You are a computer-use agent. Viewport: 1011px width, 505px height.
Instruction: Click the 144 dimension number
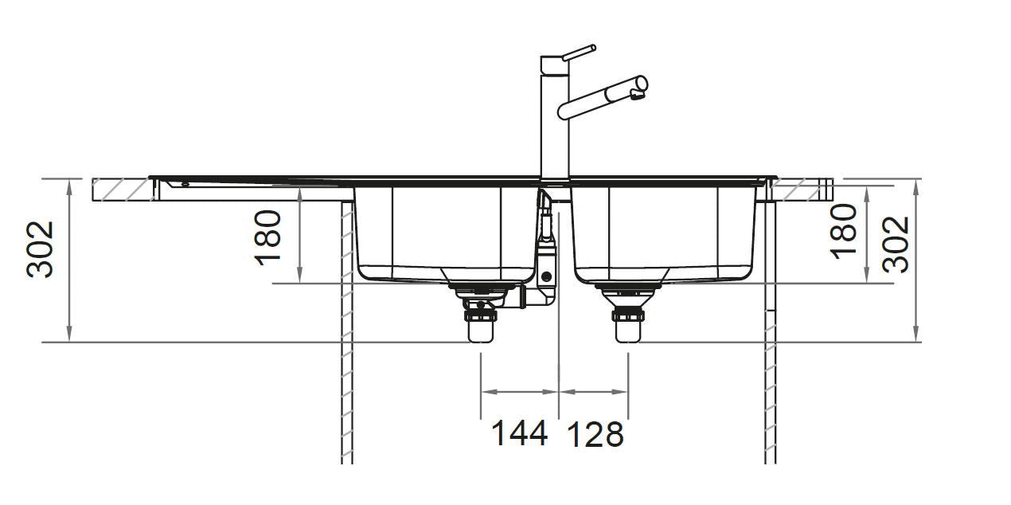click(519, 434)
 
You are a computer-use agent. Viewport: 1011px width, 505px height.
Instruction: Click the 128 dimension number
click(594, 434)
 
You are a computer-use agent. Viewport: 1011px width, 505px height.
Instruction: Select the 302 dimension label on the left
click(41, 249)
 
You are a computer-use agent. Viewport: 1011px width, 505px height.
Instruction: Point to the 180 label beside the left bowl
click(269, 237)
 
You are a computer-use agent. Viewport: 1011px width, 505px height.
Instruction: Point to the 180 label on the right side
click(844, 231)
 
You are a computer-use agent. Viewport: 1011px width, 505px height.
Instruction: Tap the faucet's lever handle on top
click(576, 53)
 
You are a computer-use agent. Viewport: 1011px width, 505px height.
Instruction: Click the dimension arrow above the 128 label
click(594, 392)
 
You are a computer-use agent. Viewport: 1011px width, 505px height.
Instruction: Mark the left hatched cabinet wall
click(347, 335)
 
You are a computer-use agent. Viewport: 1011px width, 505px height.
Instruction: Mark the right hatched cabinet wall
click(770, 335)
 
